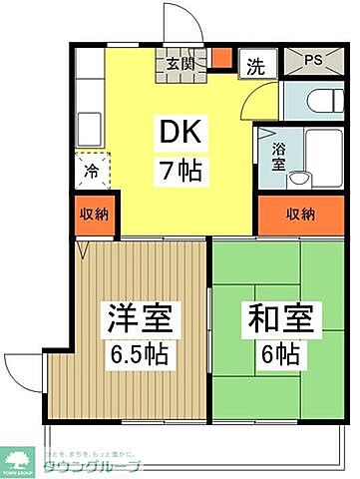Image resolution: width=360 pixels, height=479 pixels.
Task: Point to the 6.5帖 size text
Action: tap(139, 353)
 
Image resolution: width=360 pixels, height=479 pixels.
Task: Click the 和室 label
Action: tap(281, 322)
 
